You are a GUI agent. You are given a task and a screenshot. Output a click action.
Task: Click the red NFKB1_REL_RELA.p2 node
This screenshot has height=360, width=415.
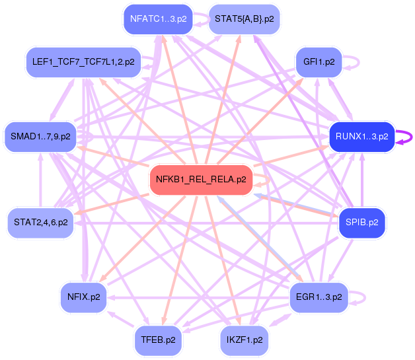click(x=201, y=180)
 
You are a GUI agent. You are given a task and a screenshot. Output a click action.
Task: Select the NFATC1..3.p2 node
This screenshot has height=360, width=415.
click(x=159, y=19)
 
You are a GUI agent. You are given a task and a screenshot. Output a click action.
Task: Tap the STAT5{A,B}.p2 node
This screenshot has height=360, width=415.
click(x=245, y=19)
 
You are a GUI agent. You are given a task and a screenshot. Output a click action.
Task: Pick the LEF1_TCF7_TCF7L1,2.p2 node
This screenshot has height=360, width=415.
click(x=83, y=62)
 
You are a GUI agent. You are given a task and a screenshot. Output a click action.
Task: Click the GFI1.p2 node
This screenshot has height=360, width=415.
click(x=319, y=62)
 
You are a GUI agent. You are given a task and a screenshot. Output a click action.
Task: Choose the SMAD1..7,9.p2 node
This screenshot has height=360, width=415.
click(x=40, y=137)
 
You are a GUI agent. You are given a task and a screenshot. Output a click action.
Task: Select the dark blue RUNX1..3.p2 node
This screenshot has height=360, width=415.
click(x=361, y=137)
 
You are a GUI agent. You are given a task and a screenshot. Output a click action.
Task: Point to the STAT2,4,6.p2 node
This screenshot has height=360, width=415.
click(x=40, y=223)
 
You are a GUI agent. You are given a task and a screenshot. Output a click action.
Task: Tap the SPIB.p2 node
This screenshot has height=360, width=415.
click(x=361, y=223)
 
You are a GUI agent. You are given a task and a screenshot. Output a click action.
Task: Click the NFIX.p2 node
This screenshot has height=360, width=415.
click(x=84, y=297)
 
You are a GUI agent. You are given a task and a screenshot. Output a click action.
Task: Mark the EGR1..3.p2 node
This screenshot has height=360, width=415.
click(x=319, y=297)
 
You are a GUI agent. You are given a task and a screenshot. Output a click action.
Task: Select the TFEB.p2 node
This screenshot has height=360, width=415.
click(x=159, y=340)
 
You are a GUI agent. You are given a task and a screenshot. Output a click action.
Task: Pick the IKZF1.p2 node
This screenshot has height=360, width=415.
click(x=245, y=340)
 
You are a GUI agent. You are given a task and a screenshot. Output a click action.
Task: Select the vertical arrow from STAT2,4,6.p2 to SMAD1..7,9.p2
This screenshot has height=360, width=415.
click(x=40, y=180)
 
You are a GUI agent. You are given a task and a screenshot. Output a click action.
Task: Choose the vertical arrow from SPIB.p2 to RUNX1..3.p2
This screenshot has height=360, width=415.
click(x=362, y=180)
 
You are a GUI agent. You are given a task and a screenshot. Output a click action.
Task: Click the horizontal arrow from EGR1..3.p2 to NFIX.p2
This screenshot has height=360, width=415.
click(x=198, y=297)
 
